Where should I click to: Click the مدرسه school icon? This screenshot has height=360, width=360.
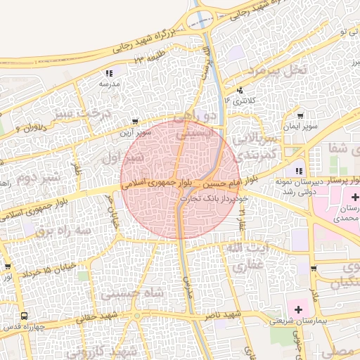click(x=109, y=72)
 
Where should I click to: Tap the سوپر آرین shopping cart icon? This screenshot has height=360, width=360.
click(x=135, y=122)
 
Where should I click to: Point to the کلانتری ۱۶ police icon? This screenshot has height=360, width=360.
click(x=240, y=90)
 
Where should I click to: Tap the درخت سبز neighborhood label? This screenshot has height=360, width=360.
click(x=84, y=113)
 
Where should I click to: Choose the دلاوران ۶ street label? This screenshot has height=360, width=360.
click(x=30, y=128)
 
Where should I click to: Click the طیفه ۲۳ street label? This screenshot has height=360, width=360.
click(x=149, y=58)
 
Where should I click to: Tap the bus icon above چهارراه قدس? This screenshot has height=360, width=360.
click(x=25, y=316)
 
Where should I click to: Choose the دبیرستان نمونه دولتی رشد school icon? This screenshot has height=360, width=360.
click(x=300, y=171)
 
